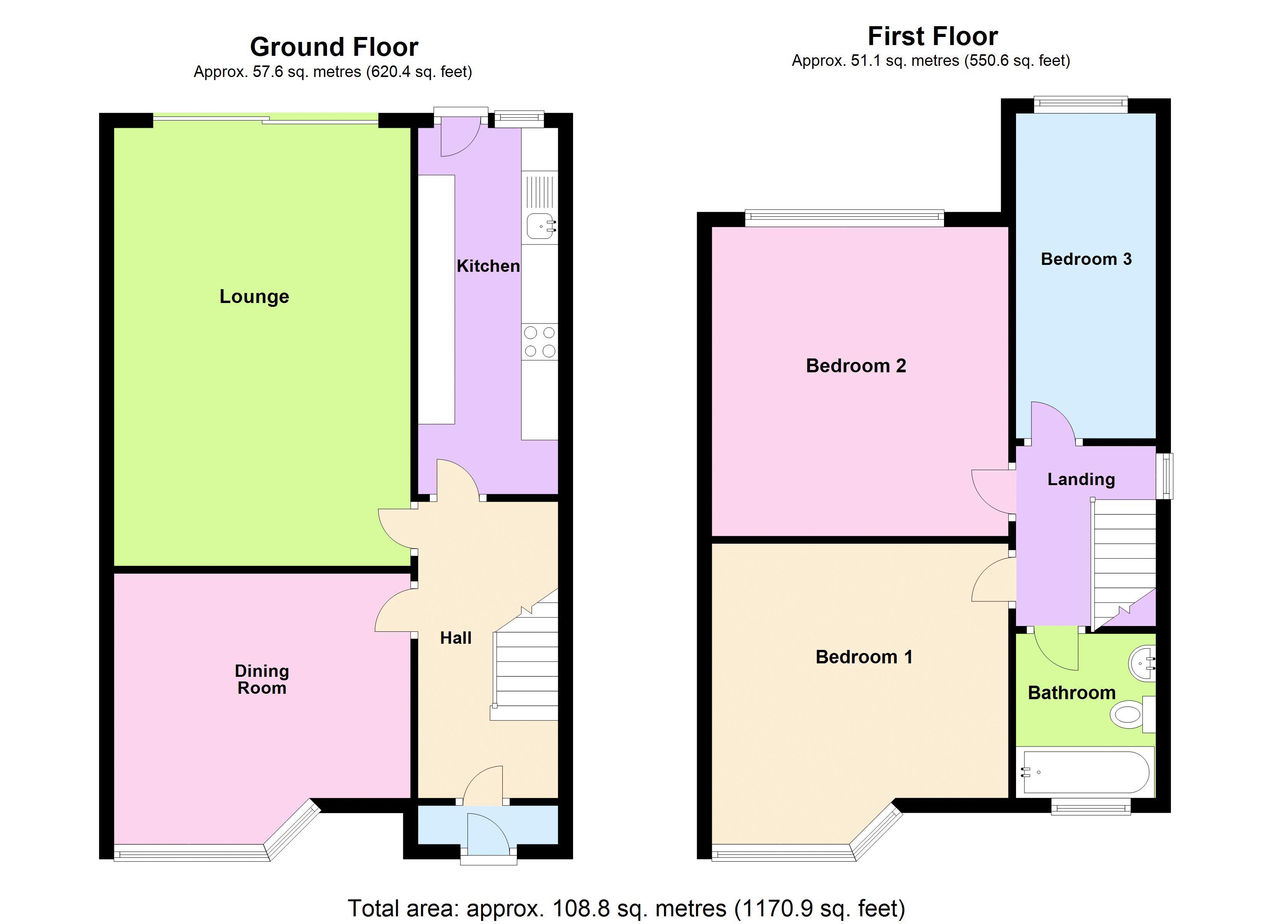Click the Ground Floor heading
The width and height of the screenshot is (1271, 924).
click(334, 47)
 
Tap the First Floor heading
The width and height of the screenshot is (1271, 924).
click(932, 37)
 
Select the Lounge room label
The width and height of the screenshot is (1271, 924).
click(255, 296)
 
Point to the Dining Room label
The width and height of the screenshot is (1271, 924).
click(262, 679)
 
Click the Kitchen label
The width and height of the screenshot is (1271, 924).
click(488, 266)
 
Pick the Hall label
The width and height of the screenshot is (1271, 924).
click(456, 638)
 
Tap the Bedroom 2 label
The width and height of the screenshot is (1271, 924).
click(856, 366)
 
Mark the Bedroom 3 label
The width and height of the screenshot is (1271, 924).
click(1086, 259)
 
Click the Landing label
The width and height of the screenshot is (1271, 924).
click(1081, 479)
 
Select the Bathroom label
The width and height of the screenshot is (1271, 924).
click(1071, 693)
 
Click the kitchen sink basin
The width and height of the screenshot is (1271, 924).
click(540, 227)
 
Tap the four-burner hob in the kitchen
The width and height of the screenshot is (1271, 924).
click(540, 342)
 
